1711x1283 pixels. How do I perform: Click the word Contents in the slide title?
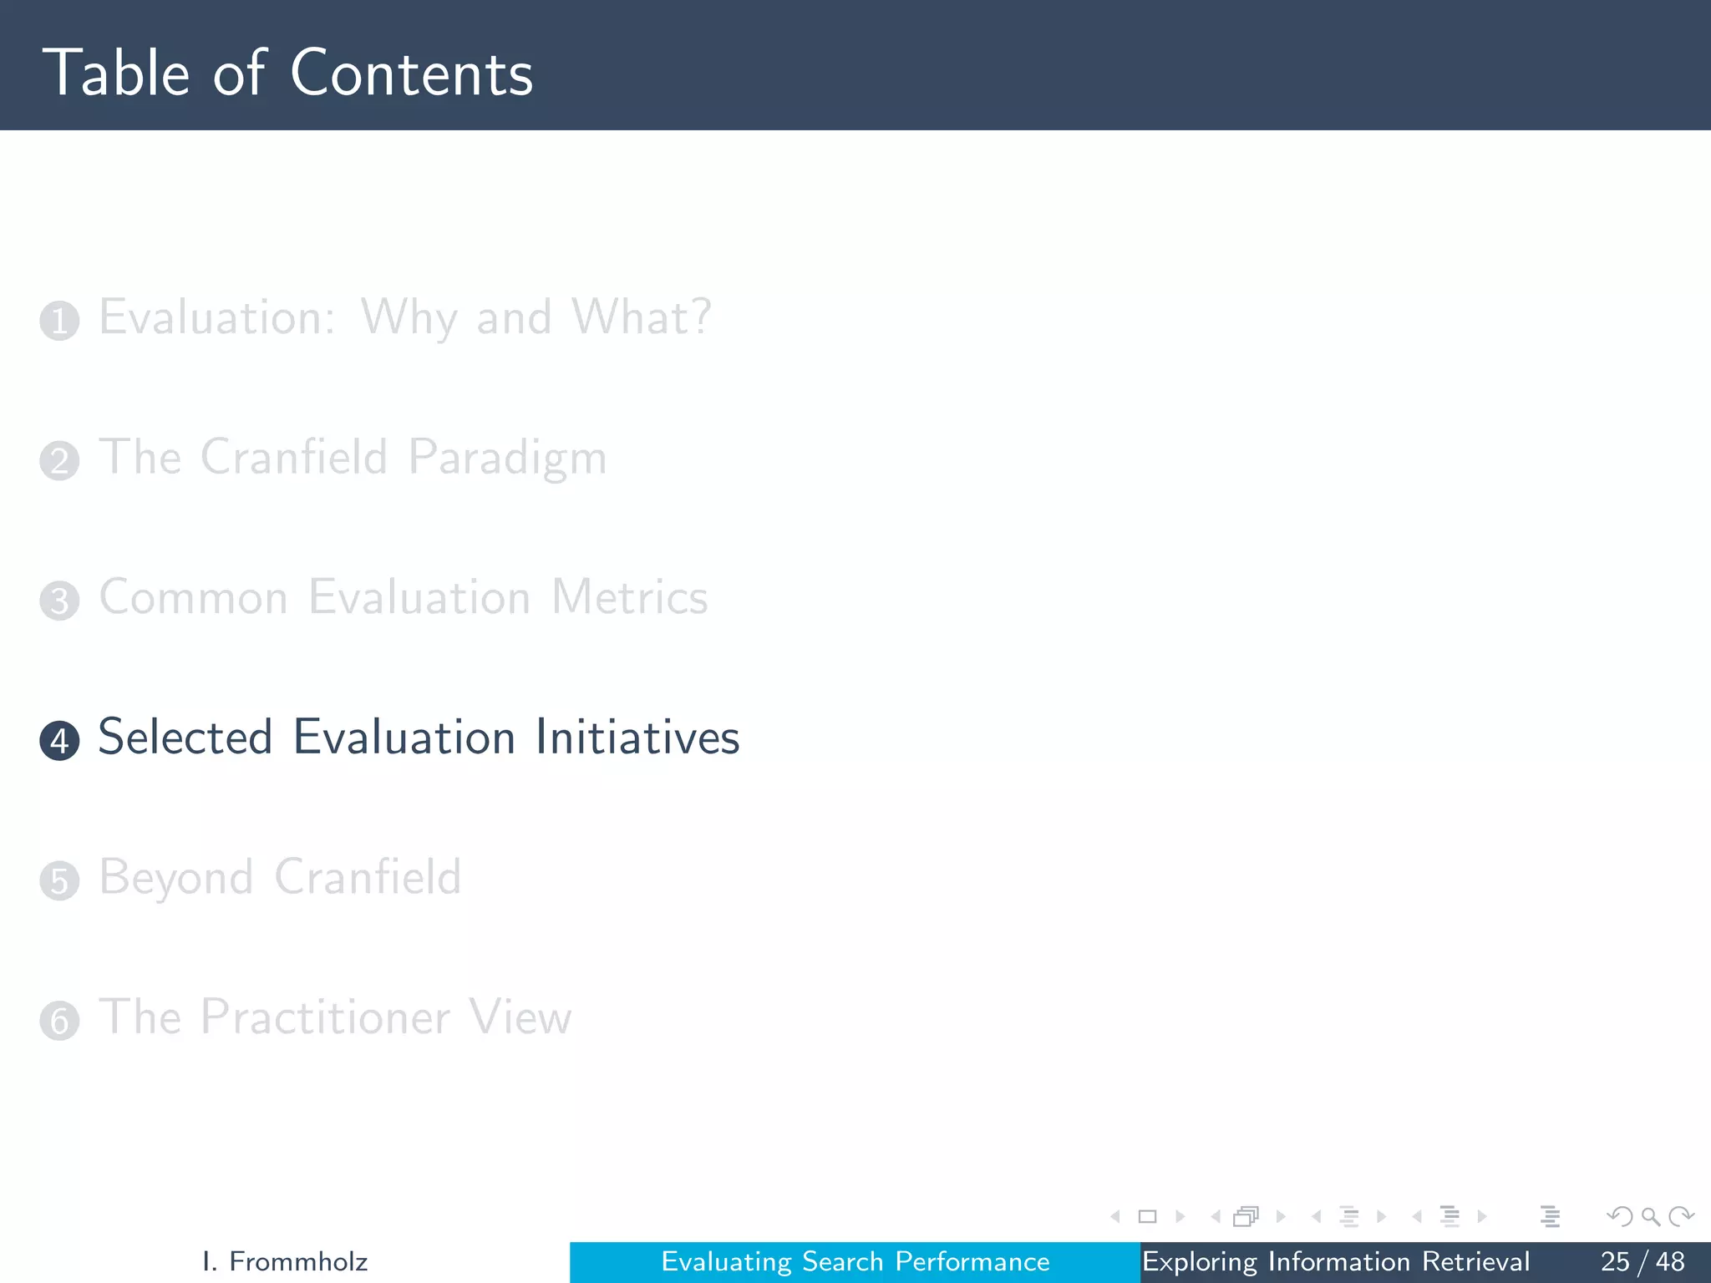[411, 74]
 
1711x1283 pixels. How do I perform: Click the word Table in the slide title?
[117, 74]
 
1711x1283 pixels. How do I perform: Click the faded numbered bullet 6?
[59, 1021]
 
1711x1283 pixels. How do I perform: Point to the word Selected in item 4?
[185, 737]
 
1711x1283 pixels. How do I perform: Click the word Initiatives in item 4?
[637, 737]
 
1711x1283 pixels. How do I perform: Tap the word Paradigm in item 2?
[507, 459]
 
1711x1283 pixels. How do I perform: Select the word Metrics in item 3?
[630, 597]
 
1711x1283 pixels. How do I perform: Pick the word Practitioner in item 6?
[326, 1017]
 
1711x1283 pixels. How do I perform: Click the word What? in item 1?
[641, 317]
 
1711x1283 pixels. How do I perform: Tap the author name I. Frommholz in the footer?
[285, 1261]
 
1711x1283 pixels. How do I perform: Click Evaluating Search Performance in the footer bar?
[855, 1261]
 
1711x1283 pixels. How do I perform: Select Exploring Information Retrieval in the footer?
[1335, 1261]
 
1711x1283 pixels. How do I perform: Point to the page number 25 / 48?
[1642, 1261]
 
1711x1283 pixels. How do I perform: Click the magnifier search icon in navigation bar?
[1650, 1216]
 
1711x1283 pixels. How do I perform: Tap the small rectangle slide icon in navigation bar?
[1147, 1216]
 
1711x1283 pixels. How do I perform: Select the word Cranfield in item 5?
[368, 877]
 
